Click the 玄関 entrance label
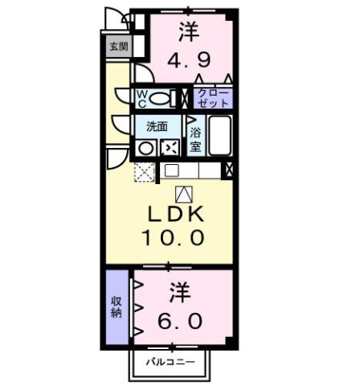[118, 47]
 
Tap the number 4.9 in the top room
[190, 61]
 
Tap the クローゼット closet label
[214, 98]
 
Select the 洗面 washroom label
[156, 126]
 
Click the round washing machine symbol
[146, 147]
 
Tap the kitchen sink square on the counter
[170, 170]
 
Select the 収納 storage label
[117, 307]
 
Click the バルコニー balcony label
[171, 363]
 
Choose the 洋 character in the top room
[189, 33]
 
